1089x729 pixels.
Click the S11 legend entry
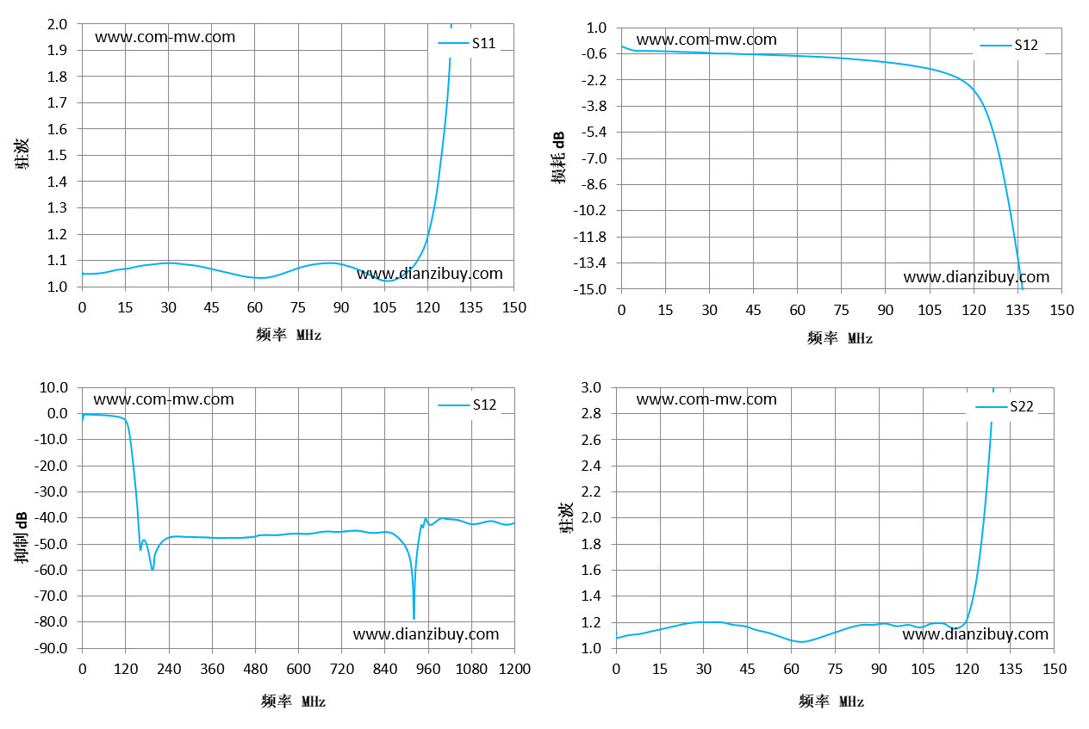click(x=467, y=43)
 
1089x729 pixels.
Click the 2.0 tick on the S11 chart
click(x=57, y=24)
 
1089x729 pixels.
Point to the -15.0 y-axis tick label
click(x=590, y=289)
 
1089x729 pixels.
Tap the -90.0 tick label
click(x=51, y=648)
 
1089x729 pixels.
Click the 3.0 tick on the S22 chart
click(x=591, y=387)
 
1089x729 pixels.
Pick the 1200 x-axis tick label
click(x=514, y=669)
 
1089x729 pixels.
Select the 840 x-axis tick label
click(x=384, y=669)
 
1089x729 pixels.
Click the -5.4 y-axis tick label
click(x=594, y=132)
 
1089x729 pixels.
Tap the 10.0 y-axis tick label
click(x=53, y=387)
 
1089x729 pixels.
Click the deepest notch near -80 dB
click(x=414, y=618)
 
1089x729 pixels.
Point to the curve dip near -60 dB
click(x=152, y=568)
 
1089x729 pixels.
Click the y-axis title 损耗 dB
click(x=558, y=158)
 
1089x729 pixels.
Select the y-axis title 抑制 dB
click(x=21, y=537)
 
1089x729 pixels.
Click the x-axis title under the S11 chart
click(x=289, y=335)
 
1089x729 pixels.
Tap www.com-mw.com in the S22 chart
click(x=706, y=399)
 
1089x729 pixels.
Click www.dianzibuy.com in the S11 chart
click(x=430, y=274)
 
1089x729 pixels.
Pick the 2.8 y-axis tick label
click(x=591, y=413)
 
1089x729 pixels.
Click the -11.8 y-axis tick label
click(x=590, y=237)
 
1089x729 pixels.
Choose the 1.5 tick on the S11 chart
click(x=57, y=155)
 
